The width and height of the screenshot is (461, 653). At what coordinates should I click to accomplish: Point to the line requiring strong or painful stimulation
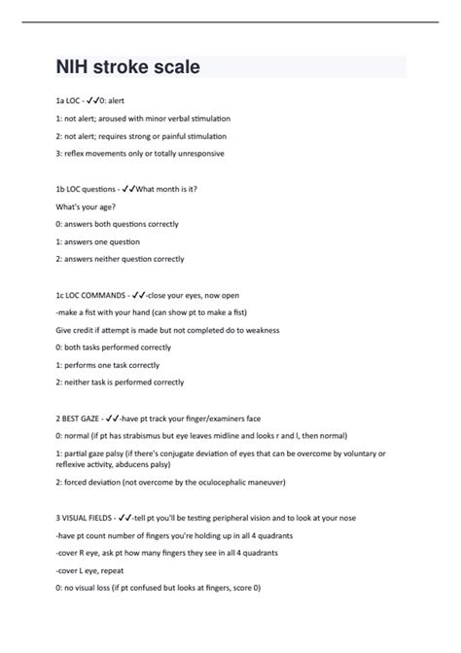tap(141, 135)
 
